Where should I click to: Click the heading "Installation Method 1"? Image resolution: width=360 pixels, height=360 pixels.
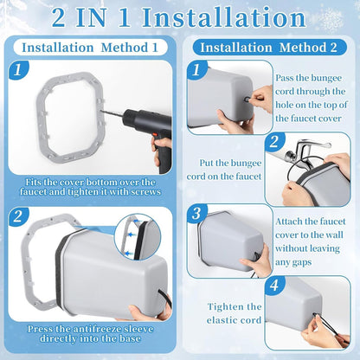click(x=90, y=48)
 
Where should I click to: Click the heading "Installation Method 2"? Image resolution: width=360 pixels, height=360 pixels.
click(x=268, y=48)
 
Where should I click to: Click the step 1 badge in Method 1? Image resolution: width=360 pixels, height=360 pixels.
click(x=18, y=70)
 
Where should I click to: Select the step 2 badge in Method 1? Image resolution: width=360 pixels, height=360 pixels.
click(x=18, y=216)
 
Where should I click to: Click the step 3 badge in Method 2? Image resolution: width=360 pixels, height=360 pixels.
click(x=196, y=214)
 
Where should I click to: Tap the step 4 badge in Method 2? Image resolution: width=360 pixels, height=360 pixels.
click(x=274, y=286)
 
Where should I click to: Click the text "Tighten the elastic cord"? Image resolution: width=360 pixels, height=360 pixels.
click(x=234, y=313)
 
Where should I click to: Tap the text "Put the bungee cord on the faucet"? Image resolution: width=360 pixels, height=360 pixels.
click(x=224, y=170)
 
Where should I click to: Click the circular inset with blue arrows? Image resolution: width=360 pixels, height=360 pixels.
click(x=138, y=237)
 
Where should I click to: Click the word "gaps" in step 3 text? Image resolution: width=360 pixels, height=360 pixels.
click(x=301, y=262)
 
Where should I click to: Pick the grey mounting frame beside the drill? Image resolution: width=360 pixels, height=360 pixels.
click(x=71, y=116)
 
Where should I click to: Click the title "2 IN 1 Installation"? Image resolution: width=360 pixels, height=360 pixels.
click(x=179, y=18)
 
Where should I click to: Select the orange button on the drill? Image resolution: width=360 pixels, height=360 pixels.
click(x=155, y=135)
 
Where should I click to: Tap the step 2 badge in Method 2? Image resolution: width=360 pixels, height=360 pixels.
click(x=274, y=142)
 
